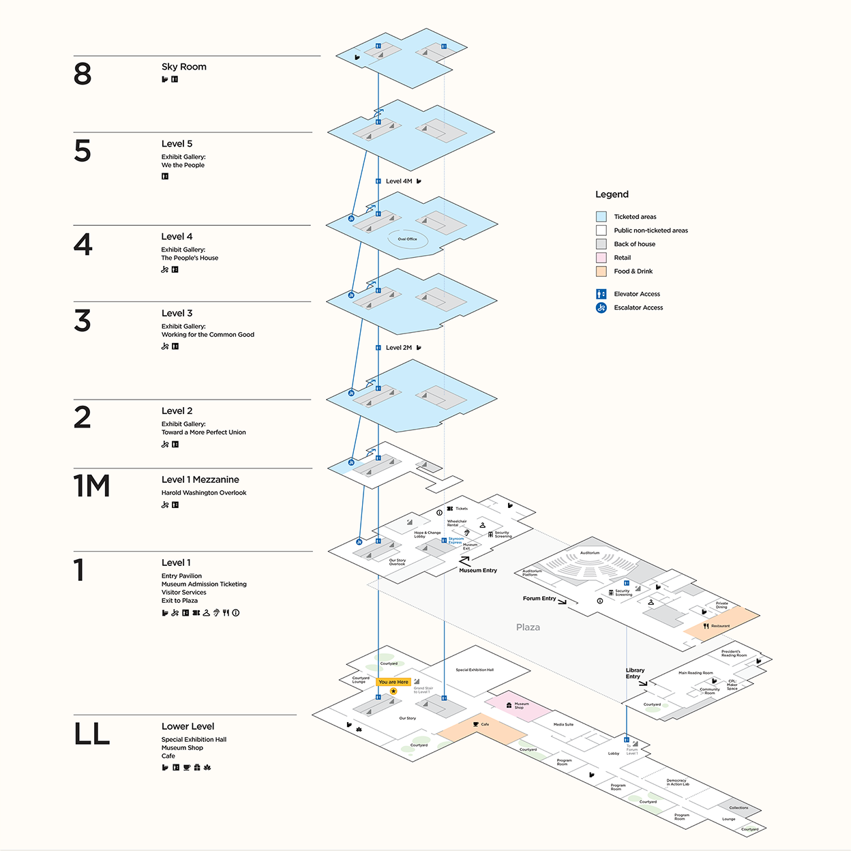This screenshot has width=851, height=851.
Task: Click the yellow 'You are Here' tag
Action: (x=393, y=682)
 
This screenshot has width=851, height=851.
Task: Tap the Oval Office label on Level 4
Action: (x=408, y=239)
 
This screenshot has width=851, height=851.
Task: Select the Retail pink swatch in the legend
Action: (x=601, y=258)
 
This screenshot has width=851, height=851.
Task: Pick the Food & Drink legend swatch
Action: (x=601, y=271)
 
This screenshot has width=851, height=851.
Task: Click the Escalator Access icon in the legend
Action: (x=601, y=308)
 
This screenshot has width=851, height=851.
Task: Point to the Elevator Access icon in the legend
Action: (x=601, y=294)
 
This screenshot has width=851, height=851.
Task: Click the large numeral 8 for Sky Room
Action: (x=83, y=74)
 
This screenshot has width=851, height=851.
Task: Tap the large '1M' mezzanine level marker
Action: (x=91, y=486)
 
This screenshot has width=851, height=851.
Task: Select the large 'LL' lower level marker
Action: (x=91, y=734)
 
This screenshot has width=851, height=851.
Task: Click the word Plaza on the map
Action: (x=528, y=627)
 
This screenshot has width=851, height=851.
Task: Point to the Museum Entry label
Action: (x=478, y=571)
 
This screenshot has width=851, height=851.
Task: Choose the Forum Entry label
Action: (x=539, y=599)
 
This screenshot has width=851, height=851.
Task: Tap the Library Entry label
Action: (x=635, y=674)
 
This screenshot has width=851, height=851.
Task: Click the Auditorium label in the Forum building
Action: (x=590, y=553)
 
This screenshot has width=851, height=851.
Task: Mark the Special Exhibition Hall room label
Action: (x=475, y=670)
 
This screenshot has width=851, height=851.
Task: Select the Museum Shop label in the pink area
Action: (x=521, y=706)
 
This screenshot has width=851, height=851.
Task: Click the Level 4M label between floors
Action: (x=399, y=181)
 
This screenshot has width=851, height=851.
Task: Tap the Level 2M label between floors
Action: (x=399, y=348)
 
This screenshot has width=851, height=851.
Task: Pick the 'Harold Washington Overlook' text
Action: (x=204, y=493)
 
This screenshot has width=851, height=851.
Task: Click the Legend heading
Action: (x=612, y=194)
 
